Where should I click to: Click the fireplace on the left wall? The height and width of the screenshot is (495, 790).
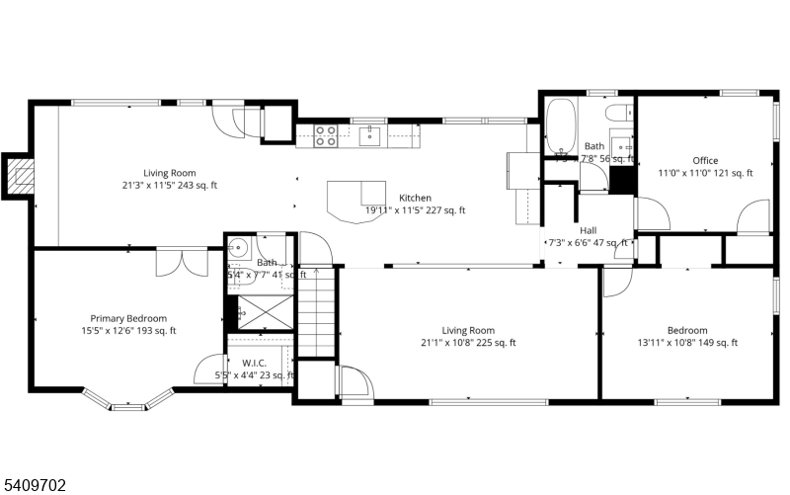click(20, 177)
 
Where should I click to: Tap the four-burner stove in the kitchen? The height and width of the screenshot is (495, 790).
click(326, 134)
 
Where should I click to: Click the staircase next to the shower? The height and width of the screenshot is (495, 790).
click(317, 311)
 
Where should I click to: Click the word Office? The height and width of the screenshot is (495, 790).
click(705, 160)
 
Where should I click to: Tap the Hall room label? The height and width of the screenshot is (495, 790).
click(588, 229)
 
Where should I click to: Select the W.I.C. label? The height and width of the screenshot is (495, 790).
click(253, 362)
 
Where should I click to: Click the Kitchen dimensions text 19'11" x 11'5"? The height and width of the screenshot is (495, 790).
click(415, 209)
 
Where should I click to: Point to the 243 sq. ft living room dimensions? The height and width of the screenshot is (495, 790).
click(169, 185)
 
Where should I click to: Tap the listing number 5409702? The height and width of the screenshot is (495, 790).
click(35, 484)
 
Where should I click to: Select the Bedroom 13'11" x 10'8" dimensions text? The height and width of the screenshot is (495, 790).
click(686, 343)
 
